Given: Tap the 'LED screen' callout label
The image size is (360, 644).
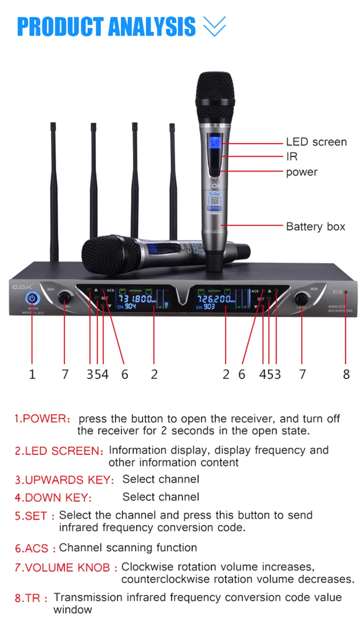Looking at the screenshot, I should pos(316,142).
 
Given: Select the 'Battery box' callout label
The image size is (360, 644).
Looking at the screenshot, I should pos(315,226).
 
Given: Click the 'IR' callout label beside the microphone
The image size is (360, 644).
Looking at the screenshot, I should pos(292,157).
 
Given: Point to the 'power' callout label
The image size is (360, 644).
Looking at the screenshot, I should pos(301,172).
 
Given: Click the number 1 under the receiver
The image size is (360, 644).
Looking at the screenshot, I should pos(32,374).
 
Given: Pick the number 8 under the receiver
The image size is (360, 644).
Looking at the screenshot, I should pos(346,374).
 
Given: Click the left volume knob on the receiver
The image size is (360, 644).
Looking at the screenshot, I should pos(65,297).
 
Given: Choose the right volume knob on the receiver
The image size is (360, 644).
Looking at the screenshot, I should pos(302,299).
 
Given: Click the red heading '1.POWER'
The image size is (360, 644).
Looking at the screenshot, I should pos(40,419).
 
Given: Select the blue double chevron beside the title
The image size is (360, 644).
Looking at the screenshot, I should pos(214,27).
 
